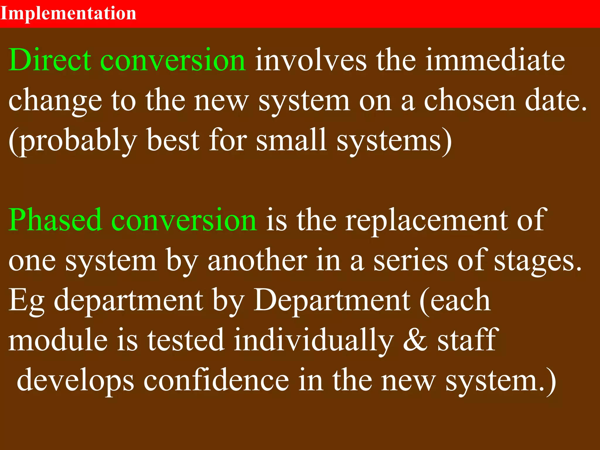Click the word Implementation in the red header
(x=68, y=13)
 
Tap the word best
(x=173, y=140)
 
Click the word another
(x=258, y=260)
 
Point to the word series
(x=410, y=260)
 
